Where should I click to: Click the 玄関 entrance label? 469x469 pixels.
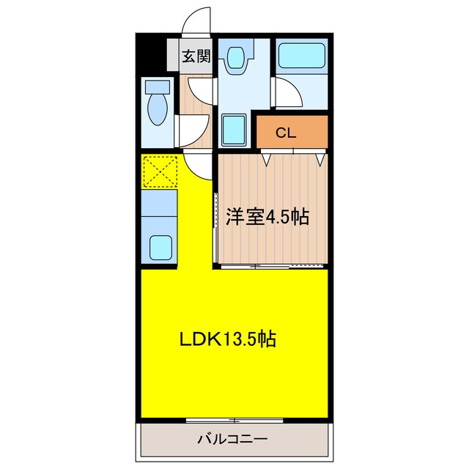pos(196,56)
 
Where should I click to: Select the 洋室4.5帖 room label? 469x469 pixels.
pos(267,216)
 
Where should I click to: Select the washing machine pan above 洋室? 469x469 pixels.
pos(235,130)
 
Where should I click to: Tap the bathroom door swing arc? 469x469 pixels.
pos(291,93)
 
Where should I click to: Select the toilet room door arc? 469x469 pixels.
pos(189,129)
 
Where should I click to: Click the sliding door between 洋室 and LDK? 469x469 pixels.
pos(271,265)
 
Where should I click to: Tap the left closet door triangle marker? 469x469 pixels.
pos(267,156)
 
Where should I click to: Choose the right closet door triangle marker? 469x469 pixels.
pos(319,156)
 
